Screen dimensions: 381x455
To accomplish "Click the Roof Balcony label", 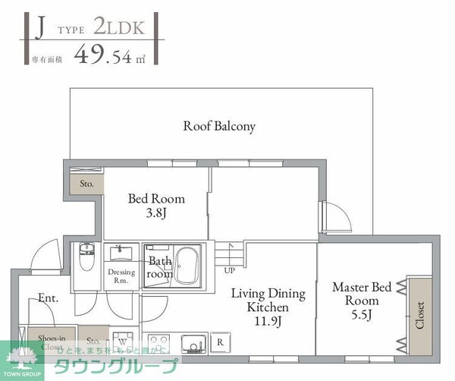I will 219,127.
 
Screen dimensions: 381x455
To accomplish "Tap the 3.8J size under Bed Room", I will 156,214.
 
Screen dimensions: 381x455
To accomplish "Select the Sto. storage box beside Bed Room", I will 86,184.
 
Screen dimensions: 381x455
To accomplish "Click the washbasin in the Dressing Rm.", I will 121,253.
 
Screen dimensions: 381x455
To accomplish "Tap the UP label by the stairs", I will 229,269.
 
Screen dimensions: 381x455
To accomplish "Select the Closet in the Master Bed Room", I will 419,315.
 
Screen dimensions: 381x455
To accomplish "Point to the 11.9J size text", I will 268,321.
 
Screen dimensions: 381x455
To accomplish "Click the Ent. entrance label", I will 49,298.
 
